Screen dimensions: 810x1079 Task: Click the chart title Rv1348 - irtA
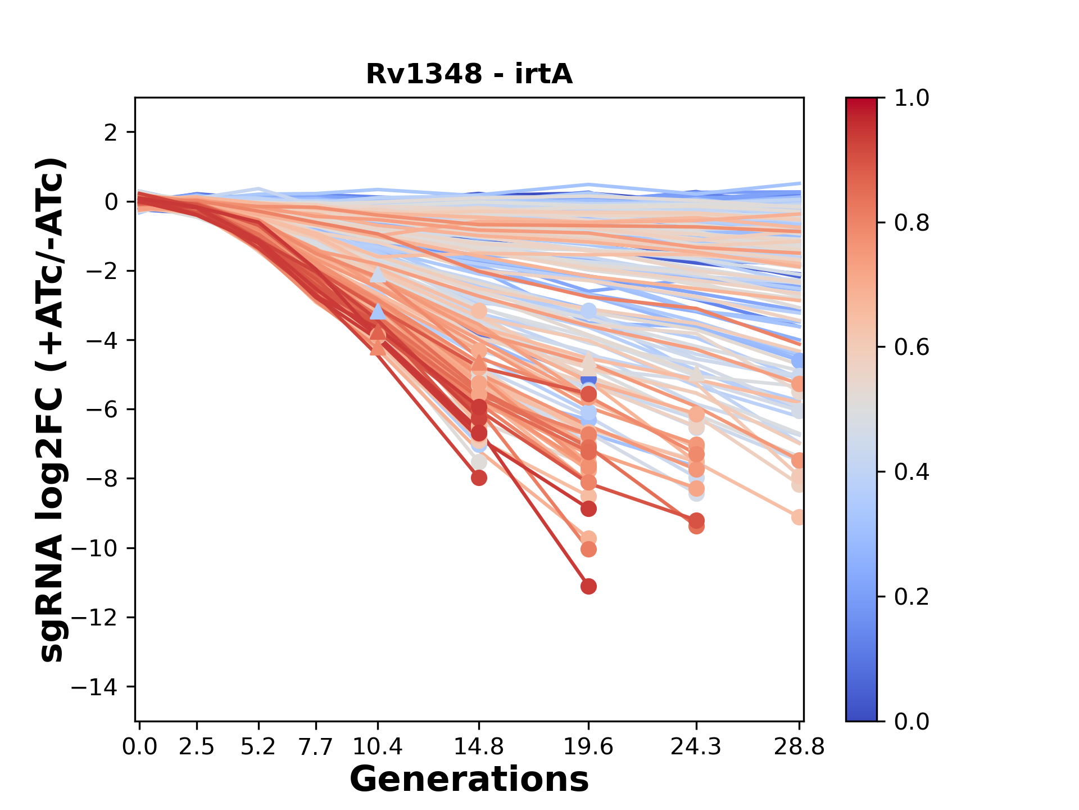point(469,74)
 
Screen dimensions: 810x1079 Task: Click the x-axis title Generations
point(469,780)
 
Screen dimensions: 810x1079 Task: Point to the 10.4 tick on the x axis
point(378,747)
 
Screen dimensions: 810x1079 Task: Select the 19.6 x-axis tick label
point(588,747)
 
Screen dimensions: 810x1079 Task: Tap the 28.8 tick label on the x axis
point(799,747)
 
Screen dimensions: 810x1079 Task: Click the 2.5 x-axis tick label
point(197,747)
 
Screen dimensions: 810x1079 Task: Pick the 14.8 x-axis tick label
point(478,747)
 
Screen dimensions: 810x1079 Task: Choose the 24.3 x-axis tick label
point(696,747)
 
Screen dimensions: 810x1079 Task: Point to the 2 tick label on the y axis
point(111,133)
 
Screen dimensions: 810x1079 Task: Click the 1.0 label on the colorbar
point(912,98)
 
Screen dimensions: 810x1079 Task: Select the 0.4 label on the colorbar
point(912,472)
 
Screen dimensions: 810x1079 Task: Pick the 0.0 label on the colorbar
point(912,721)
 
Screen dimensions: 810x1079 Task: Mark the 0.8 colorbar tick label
point(912,223)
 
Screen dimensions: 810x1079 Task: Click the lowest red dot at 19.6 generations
point(588,587)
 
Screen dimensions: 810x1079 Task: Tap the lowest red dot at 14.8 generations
point(479,478)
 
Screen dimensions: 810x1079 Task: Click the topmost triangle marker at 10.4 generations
point(378,274)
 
